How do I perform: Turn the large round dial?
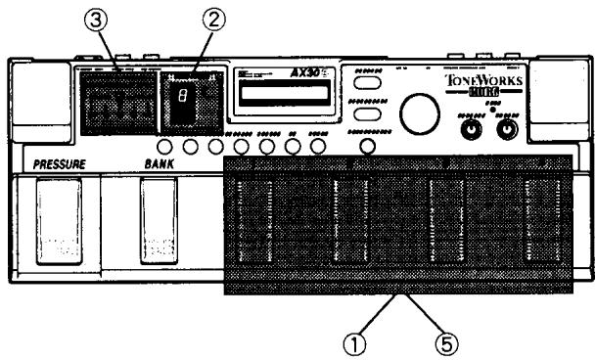(421, 112)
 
